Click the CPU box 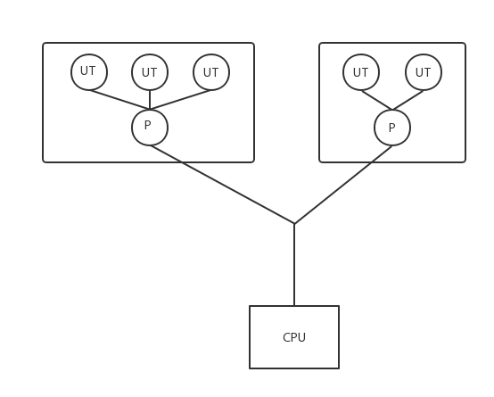[294, 337]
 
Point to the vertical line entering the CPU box [294, 265]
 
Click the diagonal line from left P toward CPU [222, 185]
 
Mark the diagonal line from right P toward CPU [343, 185]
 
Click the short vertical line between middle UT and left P [150, 100]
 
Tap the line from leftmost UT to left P [119, 100]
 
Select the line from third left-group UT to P [180, 100]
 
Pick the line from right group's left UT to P [377, 100]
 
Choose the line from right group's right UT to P [408, 100]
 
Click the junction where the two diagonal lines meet [294, 224]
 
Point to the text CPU [294, 337]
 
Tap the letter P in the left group [147, 125]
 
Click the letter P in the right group [391, 128]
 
